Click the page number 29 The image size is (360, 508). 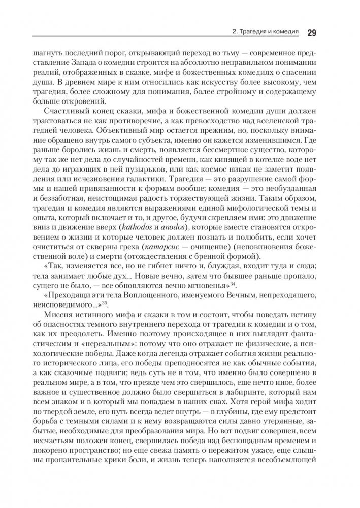(x=312, y=32)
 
